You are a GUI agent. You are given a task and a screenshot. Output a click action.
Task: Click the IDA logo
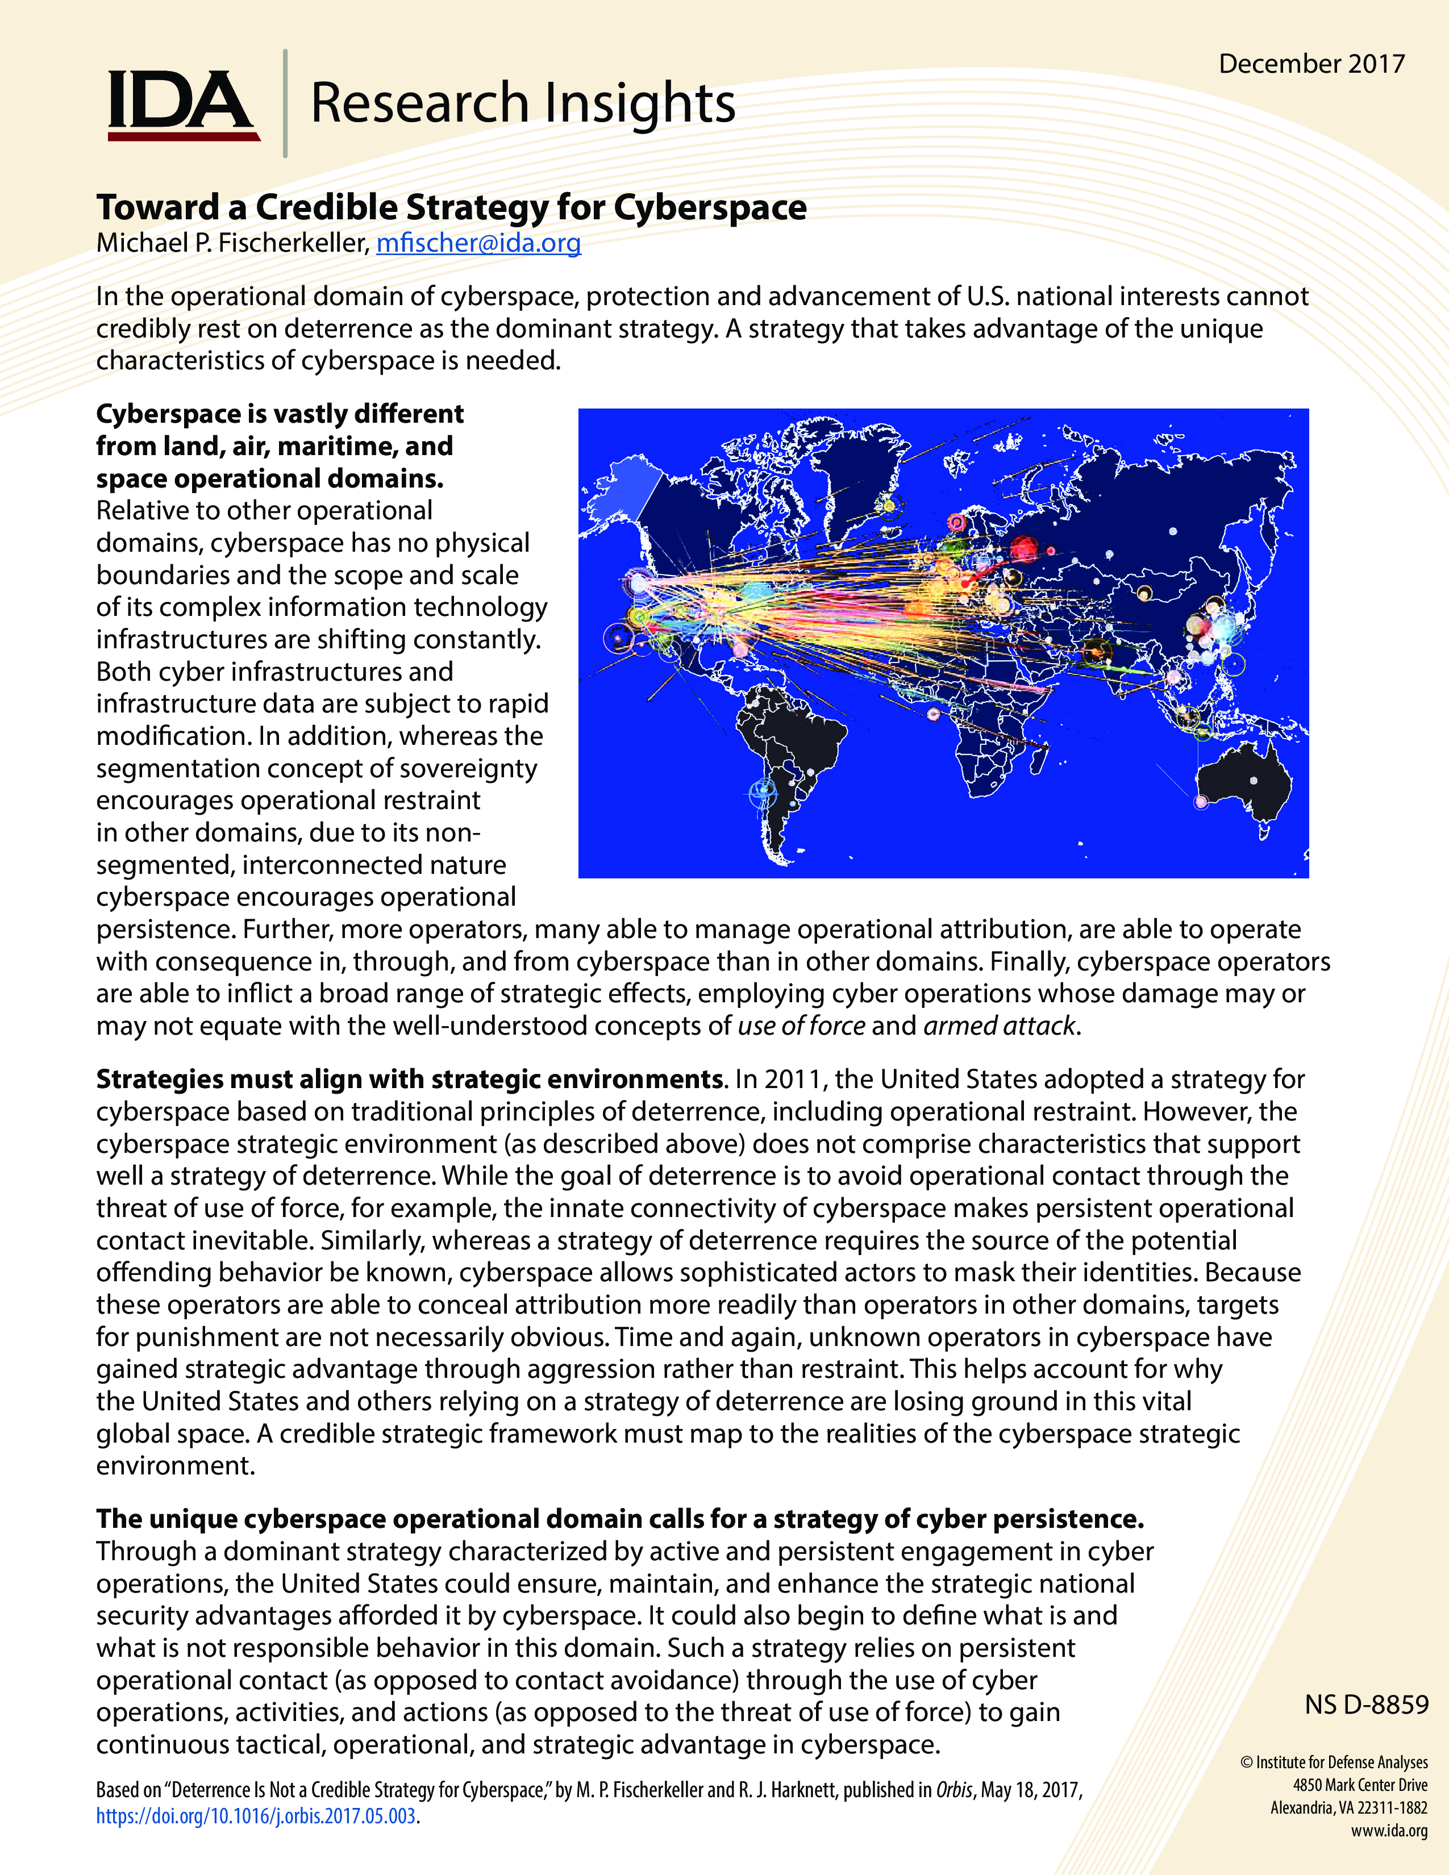pyautogui.click(x=182, y=105)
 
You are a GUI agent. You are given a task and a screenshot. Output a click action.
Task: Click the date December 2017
pyautogui.click(x=1311, y=64)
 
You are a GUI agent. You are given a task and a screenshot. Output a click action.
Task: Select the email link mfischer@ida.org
pyautogui.click(x=478, y=243)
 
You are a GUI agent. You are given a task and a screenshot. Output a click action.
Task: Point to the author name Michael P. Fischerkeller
pyautogui.click(x=232, y=243)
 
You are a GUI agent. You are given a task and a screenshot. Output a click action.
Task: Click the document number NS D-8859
pyautogui.click(x=1365, y=1704)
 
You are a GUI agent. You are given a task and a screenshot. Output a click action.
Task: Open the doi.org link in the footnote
pyautogui.click(x=256, y=1816)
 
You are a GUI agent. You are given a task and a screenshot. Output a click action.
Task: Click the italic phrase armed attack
pyautogui.click(x=999, y=1026)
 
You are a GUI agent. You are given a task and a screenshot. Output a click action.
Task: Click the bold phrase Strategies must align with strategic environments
pyautogui.click(x=410, y=1079)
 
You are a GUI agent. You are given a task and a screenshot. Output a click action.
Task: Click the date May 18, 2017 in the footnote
pyautogui.click(x=1030, y=1790)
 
